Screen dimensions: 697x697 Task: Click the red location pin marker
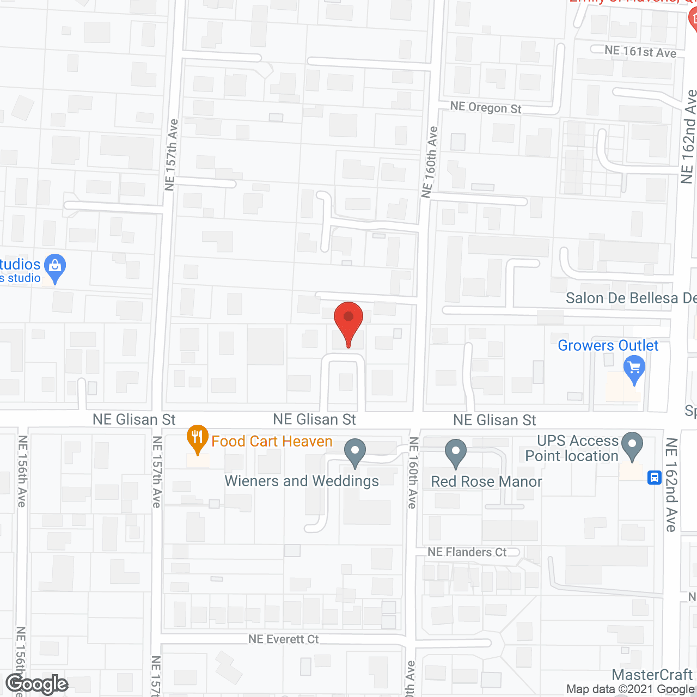(348, 321)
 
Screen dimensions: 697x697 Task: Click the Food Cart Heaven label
(272, 441)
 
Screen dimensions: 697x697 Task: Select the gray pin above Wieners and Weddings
(355, 452)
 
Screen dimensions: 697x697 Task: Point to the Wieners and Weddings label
(302, 481)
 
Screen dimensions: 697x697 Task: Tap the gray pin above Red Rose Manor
(456, 452)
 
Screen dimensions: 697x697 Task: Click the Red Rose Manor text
(486, 482)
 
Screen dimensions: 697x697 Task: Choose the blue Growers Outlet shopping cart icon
(634, 369)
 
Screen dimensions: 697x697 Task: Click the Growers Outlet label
(608, 346)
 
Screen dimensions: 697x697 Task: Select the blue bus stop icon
(654, 478)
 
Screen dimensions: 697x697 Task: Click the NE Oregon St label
(486, 107)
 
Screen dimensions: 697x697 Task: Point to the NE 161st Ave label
(640, 52)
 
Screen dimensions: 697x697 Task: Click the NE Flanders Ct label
(467, 552)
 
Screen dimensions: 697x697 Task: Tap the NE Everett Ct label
(283, 639)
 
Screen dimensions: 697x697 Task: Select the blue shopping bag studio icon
(54, 267)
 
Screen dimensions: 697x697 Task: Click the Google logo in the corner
(37, 684)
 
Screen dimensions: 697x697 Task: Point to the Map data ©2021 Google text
(631, 689)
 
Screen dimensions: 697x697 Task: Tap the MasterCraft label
(652, 675)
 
